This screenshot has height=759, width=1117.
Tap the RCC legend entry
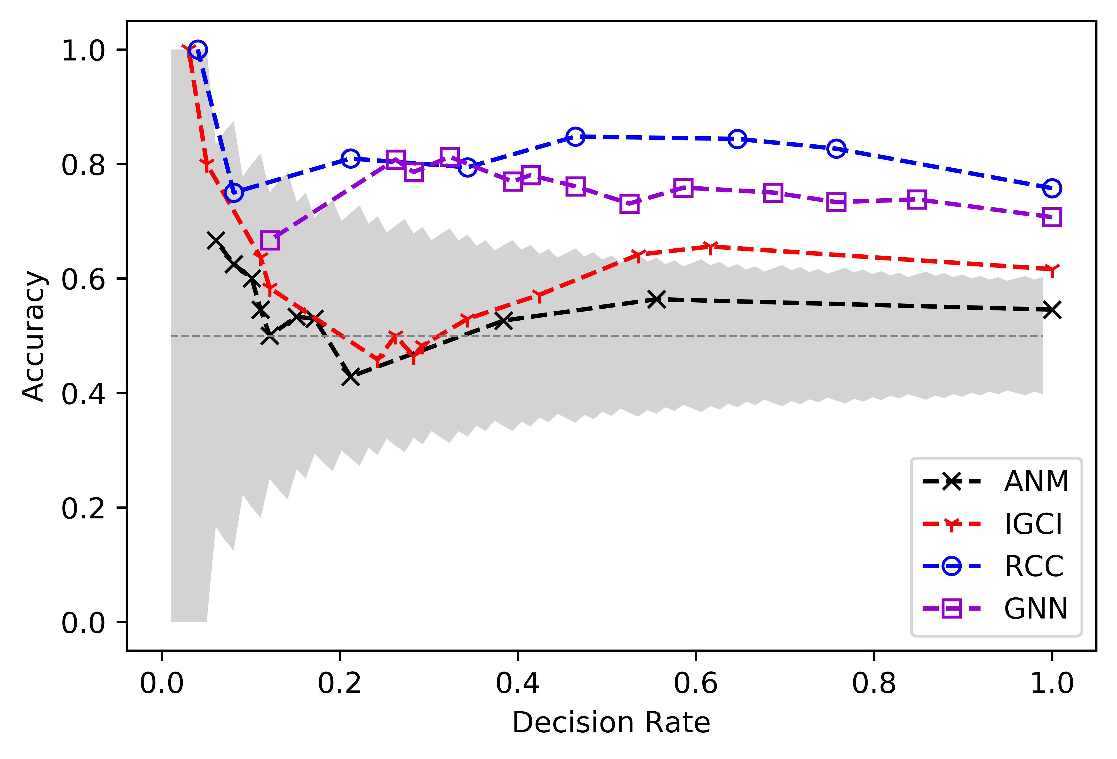995,566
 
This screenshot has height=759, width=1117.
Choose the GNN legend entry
995,609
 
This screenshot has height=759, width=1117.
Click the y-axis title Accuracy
34,335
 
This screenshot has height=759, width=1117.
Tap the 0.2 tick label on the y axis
83,507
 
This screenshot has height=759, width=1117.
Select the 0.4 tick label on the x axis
518,683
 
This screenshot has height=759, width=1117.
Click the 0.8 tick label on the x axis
874,683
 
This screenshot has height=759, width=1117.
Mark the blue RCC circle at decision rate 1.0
1052,188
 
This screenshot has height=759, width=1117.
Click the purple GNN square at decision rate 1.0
1052,217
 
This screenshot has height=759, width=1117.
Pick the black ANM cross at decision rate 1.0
1052,310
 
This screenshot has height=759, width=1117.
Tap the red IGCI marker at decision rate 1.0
1052,269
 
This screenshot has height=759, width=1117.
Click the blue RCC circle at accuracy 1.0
198,50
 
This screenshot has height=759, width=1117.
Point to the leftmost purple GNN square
270,240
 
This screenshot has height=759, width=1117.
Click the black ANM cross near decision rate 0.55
656,299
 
